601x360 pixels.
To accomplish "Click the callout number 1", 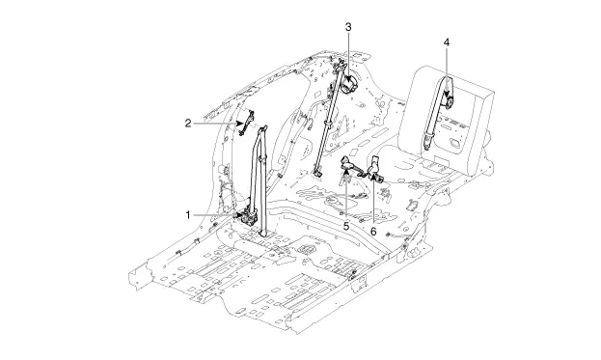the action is (188, 215).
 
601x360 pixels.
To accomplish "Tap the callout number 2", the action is (188, 124).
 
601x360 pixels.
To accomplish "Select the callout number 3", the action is (348, 27).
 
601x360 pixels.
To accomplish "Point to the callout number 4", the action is (446, 42).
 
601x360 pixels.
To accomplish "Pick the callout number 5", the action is (346, 226).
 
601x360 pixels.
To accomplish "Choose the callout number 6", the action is (373, 232).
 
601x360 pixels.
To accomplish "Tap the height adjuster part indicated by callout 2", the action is (246, 123).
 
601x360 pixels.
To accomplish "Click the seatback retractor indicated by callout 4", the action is (448, 102).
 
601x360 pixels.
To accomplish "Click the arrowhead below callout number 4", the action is (447, 95).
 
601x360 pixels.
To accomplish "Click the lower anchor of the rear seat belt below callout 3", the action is (317, 173).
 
